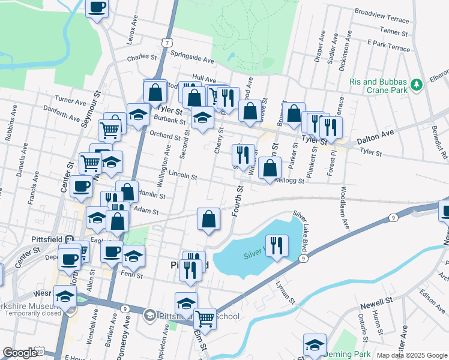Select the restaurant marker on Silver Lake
[x=276, y=245]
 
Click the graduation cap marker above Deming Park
[x=314, y=344]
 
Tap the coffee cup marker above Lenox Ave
[x=97, y=8]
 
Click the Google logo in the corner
[x=20, y=353]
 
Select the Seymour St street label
[x=92, y=109]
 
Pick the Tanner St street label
[x=394, y=31]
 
